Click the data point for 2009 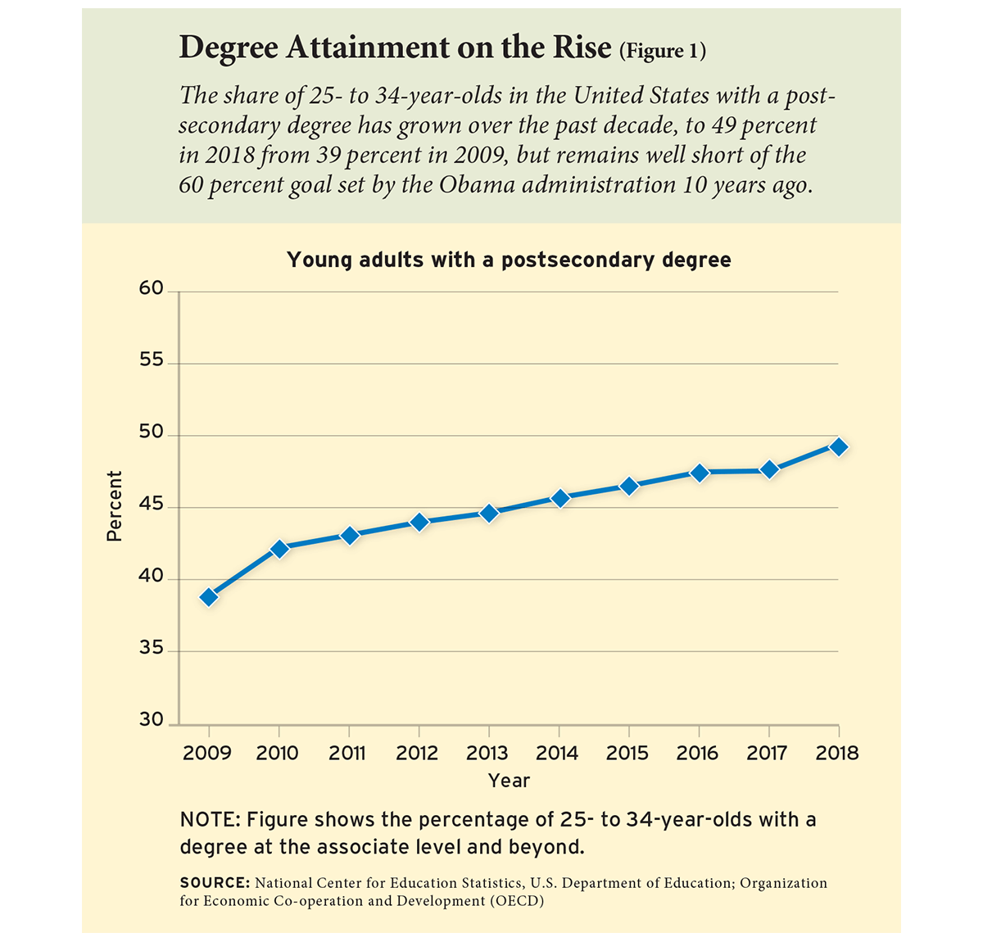[x=209, y=597]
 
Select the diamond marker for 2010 [x=279, y=549]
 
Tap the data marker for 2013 [x=489, y=514]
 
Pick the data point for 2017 [x=769, y=469]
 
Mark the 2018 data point [x=839, y=446]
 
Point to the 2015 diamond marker [x=629, y=486]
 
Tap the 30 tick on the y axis [x=152, y=720]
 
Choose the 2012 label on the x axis [x=418, y=753]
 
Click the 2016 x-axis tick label [x=698, y=753]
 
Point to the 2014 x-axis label [x=558, y=753]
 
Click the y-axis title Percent [x=115, y=506]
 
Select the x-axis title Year [x=509, y=781]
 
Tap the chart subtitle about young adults [x=509, y=260]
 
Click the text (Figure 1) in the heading [x=663, y=52]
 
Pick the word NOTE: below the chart [x=209, y=820]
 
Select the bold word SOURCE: [x=215, y=883]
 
